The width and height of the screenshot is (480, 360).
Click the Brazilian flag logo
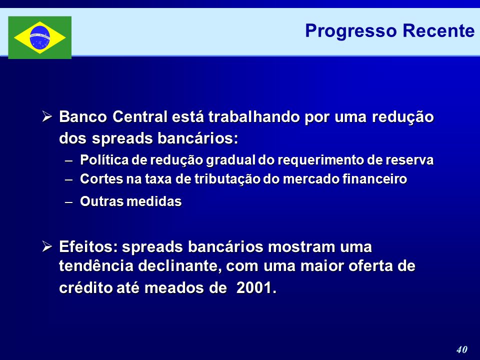40,37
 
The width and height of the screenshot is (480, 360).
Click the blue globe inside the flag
40,37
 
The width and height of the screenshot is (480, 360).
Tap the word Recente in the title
438,30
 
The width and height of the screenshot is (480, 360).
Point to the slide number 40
461,349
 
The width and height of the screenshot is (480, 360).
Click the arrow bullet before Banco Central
47,116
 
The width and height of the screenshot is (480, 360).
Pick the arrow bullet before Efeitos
47,246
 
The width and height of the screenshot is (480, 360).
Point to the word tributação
227,179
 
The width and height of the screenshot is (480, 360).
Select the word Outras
102,201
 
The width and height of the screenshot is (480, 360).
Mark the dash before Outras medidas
69,202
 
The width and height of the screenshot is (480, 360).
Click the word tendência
96,265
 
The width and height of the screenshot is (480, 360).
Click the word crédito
85,288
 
